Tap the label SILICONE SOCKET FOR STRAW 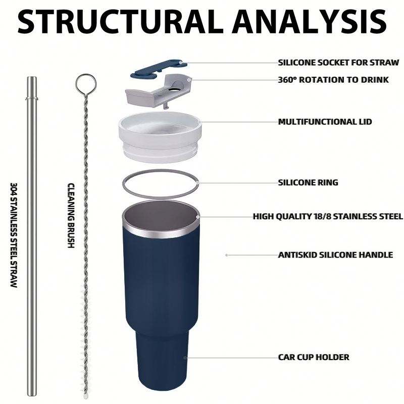pos(338,63)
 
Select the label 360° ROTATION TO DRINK pos(333,80)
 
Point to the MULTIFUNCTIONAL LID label pos(325,122)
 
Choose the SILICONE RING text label pos(308,182)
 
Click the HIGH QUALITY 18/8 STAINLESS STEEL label pos(328,217)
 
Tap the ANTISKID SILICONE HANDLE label pos(335,255)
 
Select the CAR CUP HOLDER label pos(314,357)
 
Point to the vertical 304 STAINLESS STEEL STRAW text pos(14,235)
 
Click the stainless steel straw pos(32,227)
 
